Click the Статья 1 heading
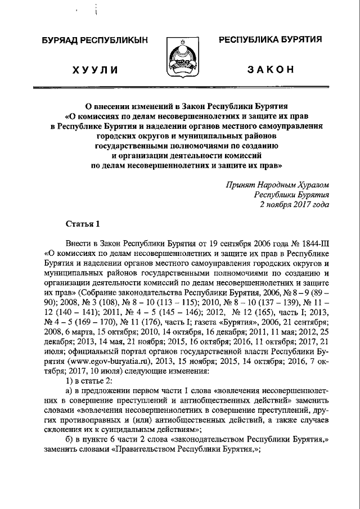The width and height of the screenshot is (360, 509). coord(83,223)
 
